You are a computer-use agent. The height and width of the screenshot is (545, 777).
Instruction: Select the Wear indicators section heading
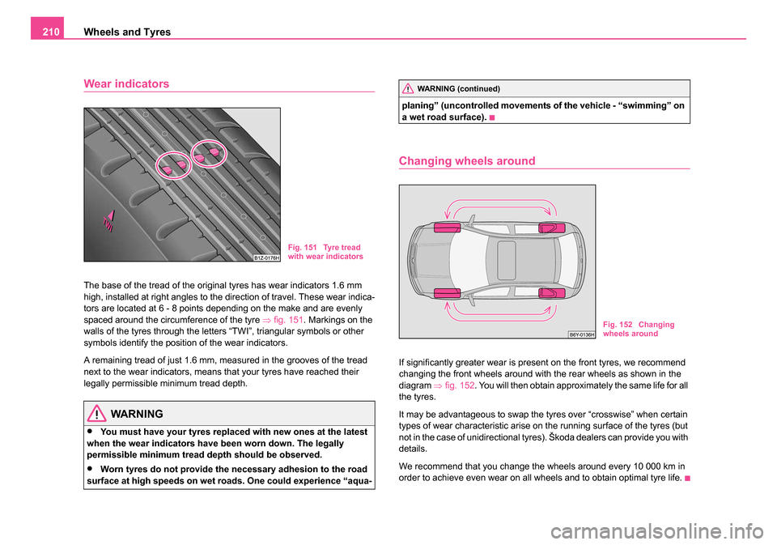pos(126,83)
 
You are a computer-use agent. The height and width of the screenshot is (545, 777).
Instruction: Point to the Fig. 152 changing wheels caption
pos(638,329)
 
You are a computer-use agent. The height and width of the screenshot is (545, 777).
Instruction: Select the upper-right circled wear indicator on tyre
pos(210,151)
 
